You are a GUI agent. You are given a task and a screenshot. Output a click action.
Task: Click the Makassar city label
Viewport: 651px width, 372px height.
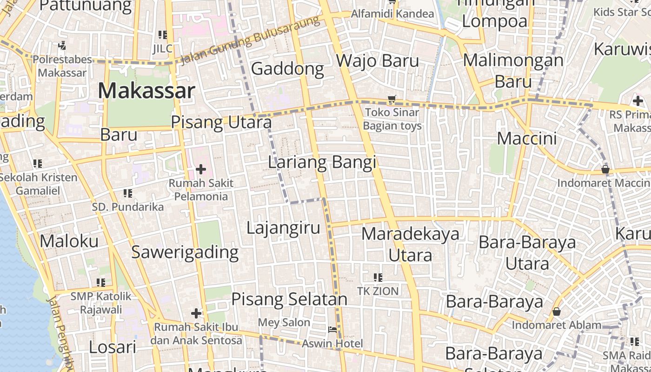pyautogui.click(x=146, y=90)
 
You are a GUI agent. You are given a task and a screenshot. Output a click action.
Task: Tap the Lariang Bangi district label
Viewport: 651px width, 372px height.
pyautogui.click(x=322, y=162)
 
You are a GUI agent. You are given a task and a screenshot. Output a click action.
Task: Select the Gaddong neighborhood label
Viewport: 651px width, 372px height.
pyautogui.click(x=287, y=69)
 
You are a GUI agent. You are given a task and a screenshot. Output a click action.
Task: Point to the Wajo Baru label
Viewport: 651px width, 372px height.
pyautogui.click(x=377, y=60)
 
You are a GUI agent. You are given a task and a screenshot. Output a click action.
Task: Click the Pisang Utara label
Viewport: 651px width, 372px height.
pyautogui.click(x=221, y=122)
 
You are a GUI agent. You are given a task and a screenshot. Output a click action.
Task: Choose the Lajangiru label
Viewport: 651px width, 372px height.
pyautogui.click(x=283, y=228)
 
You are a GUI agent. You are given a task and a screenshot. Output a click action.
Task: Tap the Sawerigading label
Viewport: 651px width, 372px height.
pyautogui.click(x=185, y=252)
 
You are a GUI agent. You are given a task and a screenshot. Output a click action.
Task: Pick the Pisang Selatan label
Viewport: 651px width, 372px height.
pyautogui.click(x=289, y=299)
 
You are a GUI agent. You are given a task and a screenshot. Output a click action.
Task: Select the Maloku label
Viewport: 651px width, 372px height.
pyautogui.click(x=69, y=241)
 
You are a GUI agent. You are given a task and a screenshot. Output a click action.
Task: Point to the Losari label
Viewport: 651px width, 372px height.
pyautogui.click(x=112, y=347)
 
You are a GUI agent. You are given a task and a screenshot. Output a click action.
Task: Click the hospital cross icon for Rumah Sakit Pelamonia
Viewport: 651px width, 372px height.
pyautogui.click(x=201, y=169)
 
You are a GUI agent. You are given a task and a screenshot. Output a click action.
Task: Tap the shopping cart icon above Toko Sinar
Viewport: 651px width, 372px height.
pyautogui.click(x=392, y=99)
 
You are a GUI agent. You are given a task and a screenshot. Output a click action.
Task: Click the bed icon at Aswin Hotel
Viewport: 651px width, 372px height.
pyautogui.click(x=333, y=330)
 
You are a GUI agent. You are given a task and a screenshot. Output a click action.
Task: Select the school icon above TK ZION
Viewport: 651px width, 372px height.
pyautogui.click(x=378, y=278)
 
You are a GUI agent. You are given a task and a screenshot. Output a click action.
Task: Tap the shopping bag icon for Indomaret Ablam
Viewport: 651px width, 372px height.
pyautogui.click(x=557, y=312)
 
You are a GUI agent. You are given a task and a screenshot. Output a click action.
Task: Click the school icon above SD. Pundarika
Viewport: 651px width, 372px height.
pyautogui.click(x=128, y=193)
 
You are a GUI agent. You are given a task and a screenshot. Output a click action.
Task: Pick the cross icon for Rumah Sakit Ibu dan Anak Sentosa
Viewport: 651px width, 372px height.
pyautogui.click(x=196, y=313)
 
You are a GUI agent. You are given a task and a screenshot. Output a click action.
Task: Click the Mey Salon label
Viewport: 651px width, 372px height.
pyautogui.click(x=284, y=322)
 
